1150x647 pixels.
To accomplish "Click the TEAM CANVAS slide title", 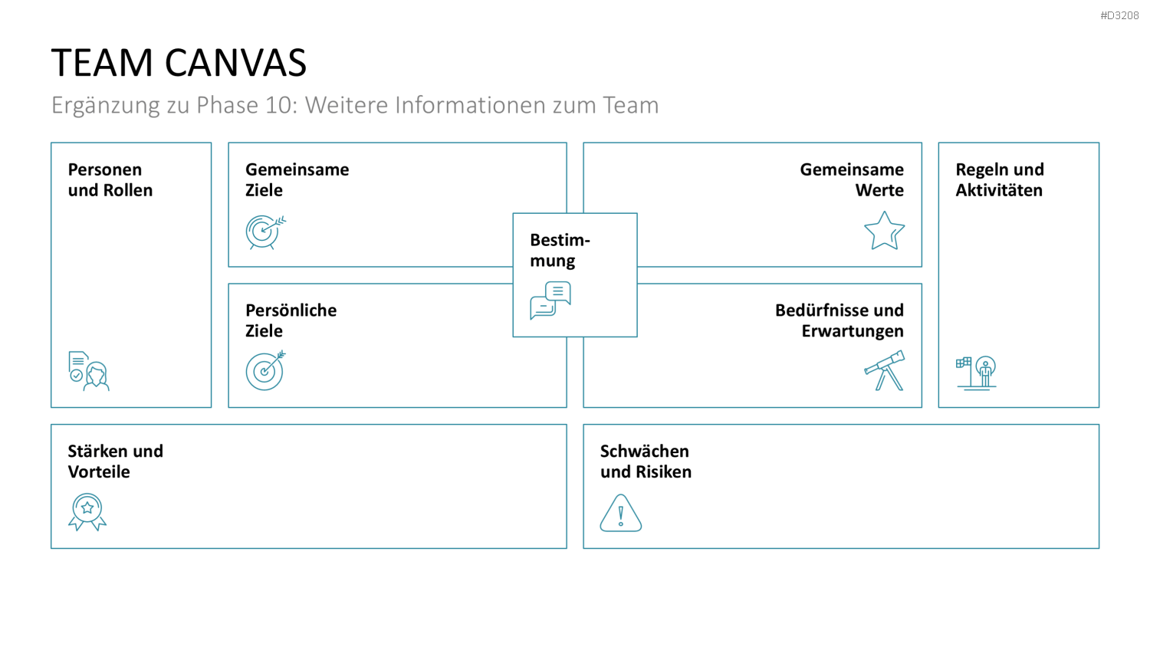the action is click(x=179, y=63).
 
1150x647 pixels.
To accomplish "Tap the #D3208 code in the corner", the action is click(x=1119, y=16).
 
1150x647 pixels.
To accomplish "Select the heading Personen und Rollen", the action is click(x=110, y=179).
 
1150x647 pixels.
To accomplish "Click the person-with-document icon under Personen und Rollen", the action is click(x=89, y=371).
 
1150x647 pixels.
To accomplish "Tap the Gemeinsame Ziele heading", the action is click(x=297, y=179).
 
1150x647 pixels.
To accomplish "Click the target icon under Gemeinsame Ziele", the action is click(x=265, y=232).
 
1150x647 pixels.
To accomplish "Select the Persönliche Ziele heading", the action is click(x=291, y=320).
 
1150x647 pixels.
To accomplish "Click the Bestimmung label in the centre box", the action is click(x=560, y=250).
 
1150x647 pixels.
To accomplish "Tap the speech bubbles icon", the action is click(x=550, y=301).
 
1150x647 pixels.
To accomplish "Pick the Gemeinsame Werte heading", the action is click(x=852, y=179).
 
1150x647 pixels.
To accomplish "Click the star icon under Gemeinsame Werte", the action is click(x=884, y=231).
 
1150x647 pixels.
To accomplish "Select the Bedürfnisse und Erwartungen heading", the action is click(x=839, y=320).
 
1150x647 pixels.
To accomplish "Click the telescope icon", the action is click(x=884, y=371).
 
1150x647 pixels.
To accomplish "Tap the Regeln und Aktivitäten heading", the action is click(x=1000, y=179).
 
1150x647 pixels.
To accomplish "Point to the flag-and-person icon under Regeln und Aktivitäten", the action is click(x=976, y=373).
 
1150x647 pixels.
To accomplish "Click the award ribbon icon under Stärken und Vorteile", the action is click(x=87, y=513).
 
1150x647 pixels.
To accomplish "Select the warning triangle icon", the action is click(x=621, y=513).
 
